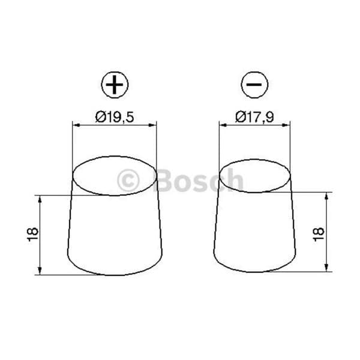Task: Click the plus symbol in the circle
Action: [x=115, y=85]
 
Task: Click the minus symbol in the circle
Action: [x=254, y=85]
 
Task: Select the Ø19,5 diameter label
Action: [x=115, y=117]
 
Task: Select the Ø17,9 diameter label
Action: [x=254, y=117]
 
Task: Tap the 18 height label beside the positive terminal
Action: [x=32, y=235]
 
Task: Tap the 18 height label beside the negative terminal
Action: [x=318, y=234]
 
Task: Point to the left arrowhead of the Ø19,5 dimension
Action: [x=76, y=125]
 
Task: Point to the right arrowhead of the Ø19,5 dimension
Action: [x=152, y=125]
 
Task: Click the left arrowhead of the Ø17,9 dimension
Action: [x=223, y=125]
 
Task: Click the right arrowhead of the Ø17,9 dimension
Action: [x=286, y=125]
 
